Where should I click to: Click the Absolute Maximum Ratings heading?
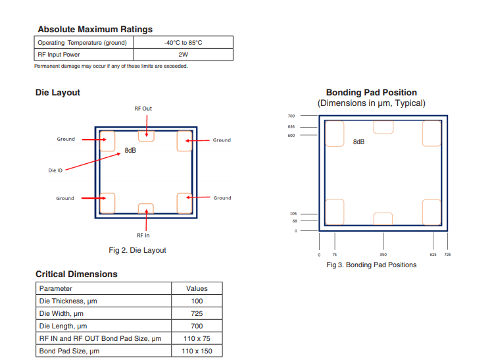tap(95, 29)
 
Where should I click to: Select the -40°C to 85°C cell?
tap(183, 43)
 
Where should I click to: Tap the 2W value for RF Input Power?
tap(183, 55)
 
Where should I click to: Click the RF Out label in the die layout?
tap(143, 108)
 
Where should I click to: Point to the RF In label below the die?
tap(143, 235)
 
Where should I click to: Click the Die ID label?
tap(55, 170)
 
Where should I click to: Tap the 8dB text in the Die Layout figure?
tap(130, 150)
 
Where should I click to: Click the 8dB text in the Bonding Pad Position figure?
tap(358, 141)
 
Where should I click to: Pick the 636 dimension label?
tap(291, 126)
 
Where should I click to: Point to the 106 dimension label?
tap(293, 213)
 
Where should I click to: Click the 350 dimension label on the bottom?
tap(383, 254)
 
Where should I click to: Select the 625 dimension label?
tap(432, 254)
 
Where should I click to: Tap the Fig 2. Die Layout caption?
tap(137, 250)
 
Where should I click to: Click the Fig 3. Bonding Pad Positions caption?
tap(371, 265)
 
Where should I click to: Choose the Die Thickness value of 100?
tap(196, 301)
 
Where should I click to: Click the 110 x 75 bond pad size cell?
tap(196, 338)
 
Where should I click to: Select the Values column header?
tap(196, 288)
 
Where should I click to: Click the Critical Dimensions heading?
tap(76, 274)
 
